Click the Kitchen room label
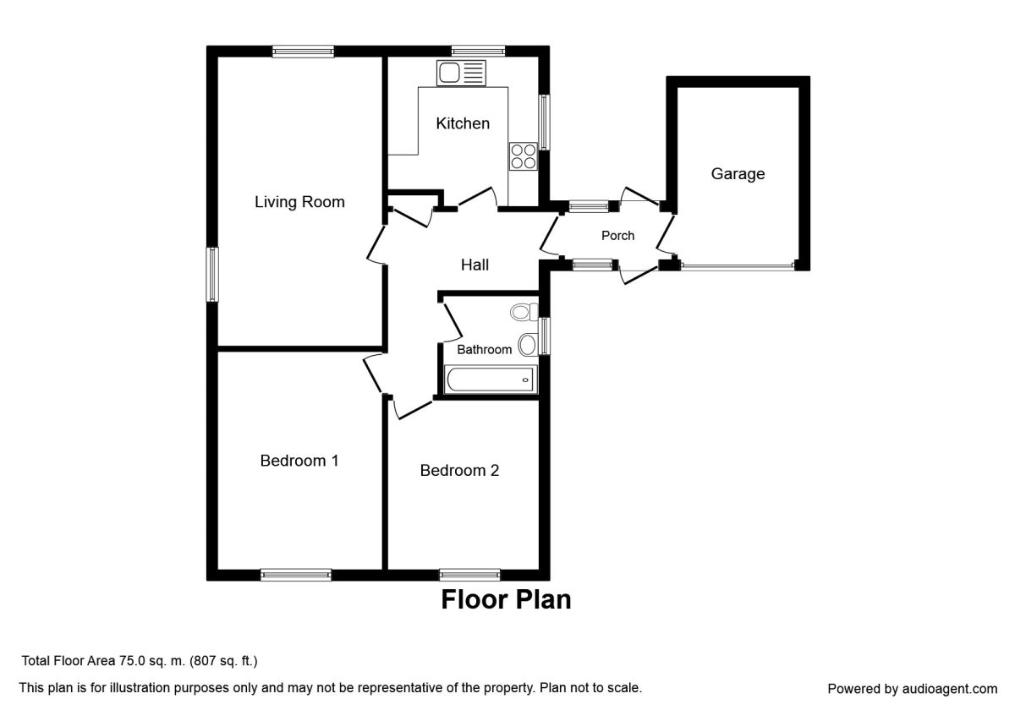pos(463,123)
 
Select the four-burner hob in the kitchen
pos(524,156)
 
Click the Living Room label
pos(299,202)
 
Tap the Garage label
pos(738,174)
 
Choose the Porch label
pos(617,236)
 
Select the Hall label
pos(475,265)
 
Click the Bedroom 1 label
pos(299,461)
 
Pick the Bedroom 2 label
pos(459,471)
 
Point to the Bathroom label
pos(485,349)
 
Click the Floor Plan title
pos(506,600)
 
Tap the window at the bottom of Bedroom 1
pos(295,575)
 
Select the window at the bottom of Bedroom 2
pos(469,575)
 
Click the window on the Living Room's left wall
pos(213,274)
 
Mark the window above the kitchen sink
pos(478,51)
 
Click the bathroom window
pos(544,336)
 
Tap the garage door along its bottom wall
pos(738,266)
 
